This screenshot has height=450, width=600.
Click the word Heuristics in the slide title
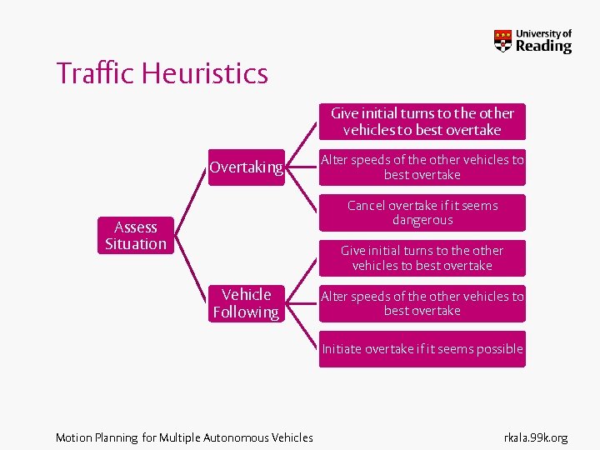point(205,73)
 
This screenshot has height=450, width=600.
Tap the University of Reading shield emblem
point(502,40)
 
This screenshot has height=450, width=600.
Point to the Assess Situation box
point(135,235)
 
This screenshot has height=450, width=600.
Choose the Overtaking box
point(246,167)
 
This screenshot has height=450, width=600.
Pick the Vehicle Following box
point(246,303)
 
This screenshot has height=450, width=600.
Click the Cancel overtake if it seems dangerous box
point(422,212)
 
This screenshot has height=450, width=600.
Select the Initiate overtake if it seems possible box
point(422,349)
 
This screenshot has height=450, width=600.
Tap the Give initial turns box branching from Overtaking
point(422,122)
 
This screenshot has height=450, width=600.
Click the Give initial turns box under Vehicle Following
point(422,257)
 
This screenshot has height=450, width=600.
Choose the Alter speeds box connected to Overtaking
point(422,167)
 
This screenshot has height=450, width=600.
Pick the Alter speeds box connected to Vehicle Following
point(422,303)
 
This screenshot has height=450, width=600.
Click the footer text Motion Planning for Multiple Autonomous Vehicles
point(184,437)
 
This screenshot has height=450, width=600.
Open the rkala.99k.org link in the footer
point(536,437)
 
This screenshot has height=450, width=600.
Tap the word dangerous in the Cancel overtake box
point(422,220)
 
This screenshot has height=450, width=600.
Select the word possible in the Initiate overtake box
point(498,349)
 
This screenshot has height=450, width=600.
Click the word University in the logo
point(543,33)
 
